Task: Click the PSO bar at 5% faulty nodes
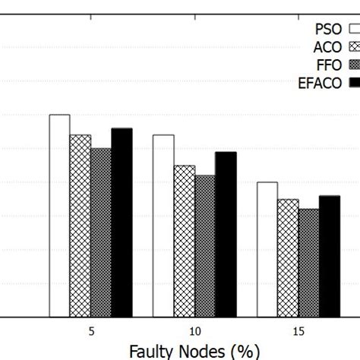[60, 216]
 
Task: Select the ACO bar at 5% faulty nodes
[81, 226]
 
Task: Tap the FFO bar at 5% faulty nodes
[101, 232]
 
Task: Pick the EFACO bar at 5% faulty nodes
[122, 223]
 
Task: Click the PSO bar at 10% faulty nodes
[163, 226]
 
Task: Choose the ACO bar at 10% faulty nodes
[184, 241]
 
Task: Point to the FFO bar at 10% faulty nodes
[204, 246]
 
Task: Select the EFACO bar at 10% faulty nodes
[226, 234]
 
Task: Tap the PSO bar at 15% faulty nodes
[267, 249]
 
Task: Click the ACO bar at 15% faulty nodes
[288, 258]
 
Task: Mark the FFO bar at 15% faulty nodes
[308, 263]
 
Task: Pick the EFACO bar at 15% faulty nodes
[329, 256]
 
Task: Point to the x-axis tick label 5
[91, 331]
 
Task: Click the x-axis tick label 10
[194, 331]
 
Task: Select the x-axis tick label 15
[298, 331]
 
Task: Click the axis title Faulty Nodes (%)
[194, 352]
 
